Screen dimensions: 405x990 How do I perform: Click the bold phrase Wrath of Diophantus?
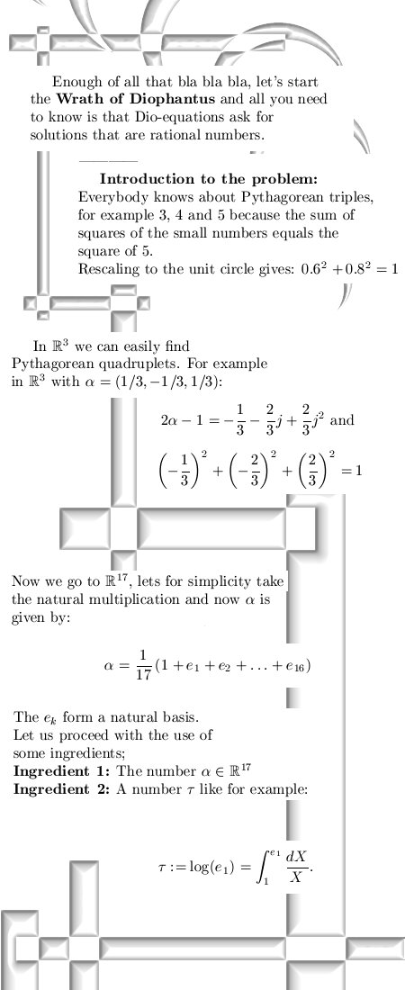pyautogui.click(x=135, y=99)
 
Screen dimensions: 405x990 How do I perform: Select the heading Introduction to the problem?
pyautogui.click(x=209, y=179)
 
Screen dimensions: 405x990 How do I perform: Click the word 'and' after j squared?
pyautogui.click(x=342, y=420)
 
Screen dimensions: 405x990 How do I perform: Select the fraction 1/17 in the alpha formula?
pyautogui.click(x=143, y=665)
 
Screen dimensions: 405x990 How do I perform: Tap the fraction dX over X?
pyautogui.click(x=296, y=867)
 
